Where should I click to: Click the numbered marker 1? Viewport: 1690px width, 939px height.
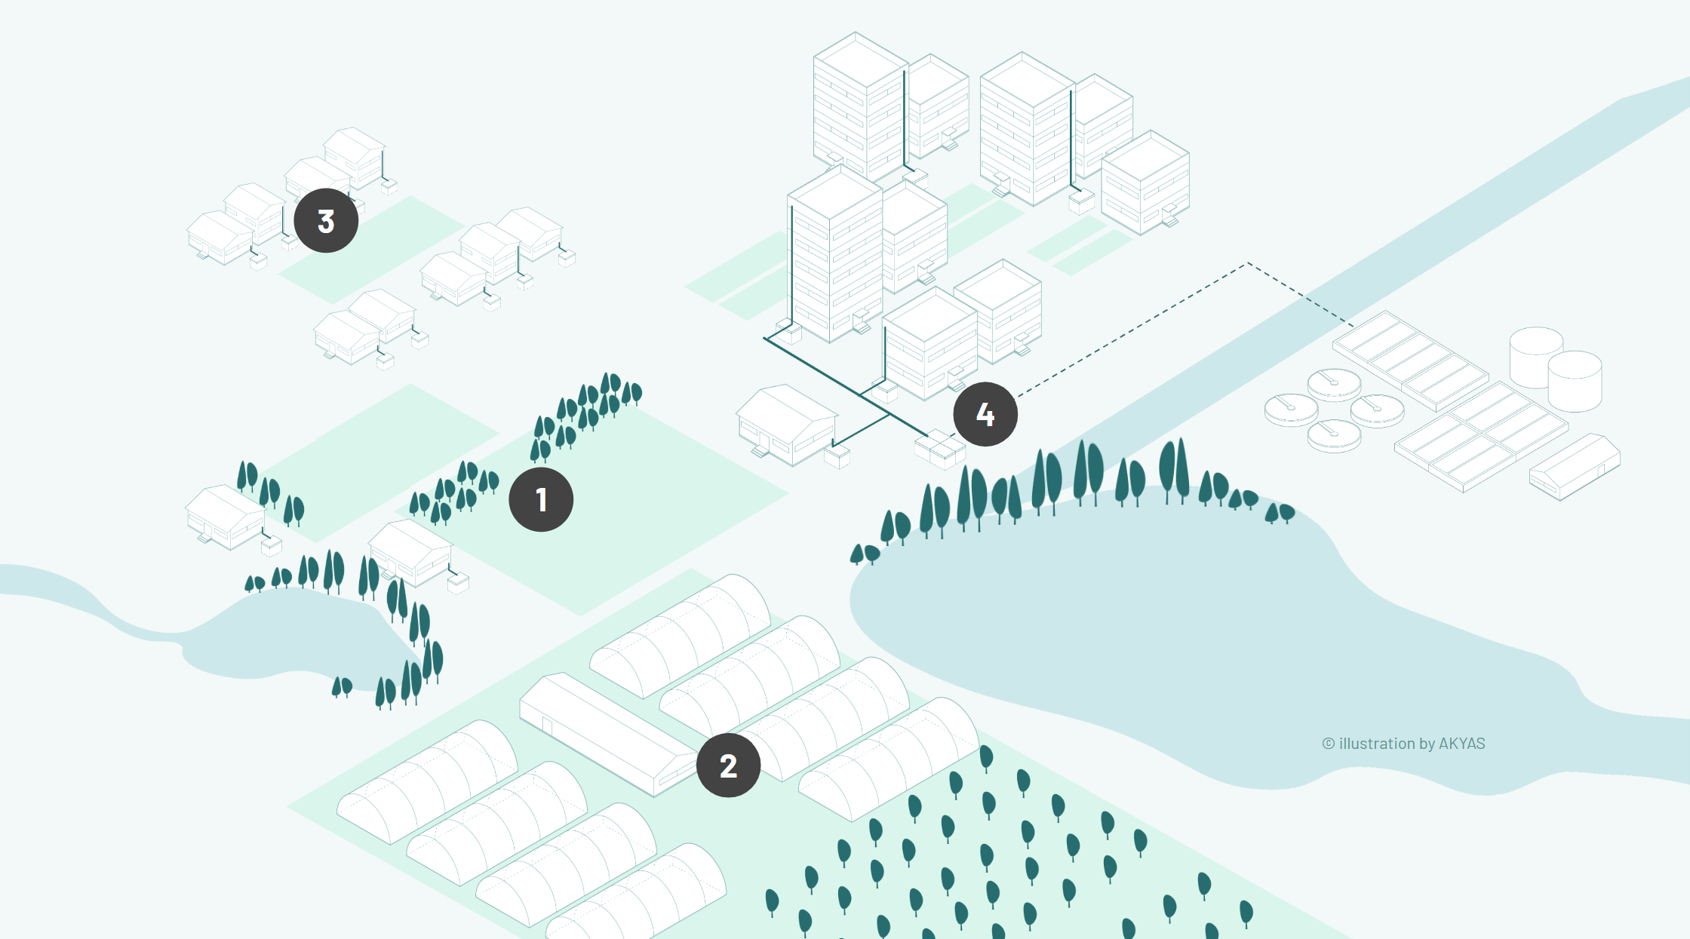tap(541, 499)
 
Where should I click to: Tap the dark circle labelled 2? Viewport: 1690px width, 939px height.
tap(728, 766)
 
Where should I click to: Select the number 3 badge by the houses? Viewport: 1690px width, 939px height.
tap(326, 221)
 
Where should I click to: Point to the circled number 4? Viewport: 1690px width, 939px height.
tap(985, 414)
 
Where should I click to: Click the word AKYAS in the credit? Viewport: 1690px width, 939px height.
tap(1461, 744)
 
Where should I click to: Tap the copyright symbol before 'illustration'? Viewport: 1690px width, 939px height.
tap(1329, 744)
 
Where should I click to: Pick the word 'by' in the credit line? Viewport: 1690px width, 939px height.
tap(1427, 744)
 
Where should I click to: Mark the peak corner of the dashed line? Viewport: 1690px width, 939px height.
tap(1248, 263)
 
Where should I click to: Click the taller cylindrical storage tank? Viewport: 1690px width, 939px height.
tap(1535, 356)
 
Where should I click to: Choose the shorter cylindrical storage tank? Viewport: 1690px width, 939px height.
tap(1575, 381)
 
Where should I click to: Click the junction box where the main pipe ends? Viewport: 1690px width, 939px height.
tap(939, 448)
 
